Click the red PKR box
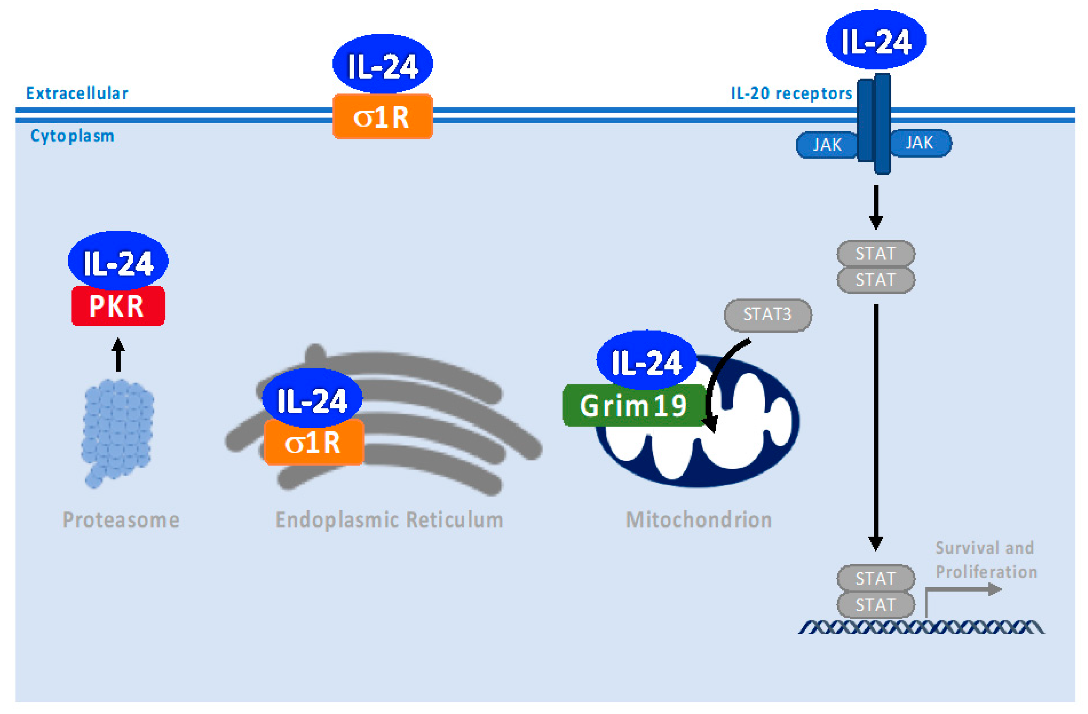click(118, 306)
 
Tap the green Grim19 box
click(633, 406)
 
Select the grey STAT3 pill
click(768, 315)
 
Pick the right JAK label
click(919, 143)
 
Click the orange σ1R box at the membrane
click(382, 117)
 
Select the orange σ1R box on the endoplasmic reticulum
click(314, 442)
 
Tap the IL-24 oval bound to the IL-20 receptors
click(876, 40)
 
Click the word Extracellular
click(77, 93)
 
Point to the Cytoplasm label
click(72, 136)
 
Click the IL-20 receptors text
click(791, 93)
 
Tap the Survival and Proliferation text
click(985, 559)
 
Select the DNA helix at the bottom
click(921, 627)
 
